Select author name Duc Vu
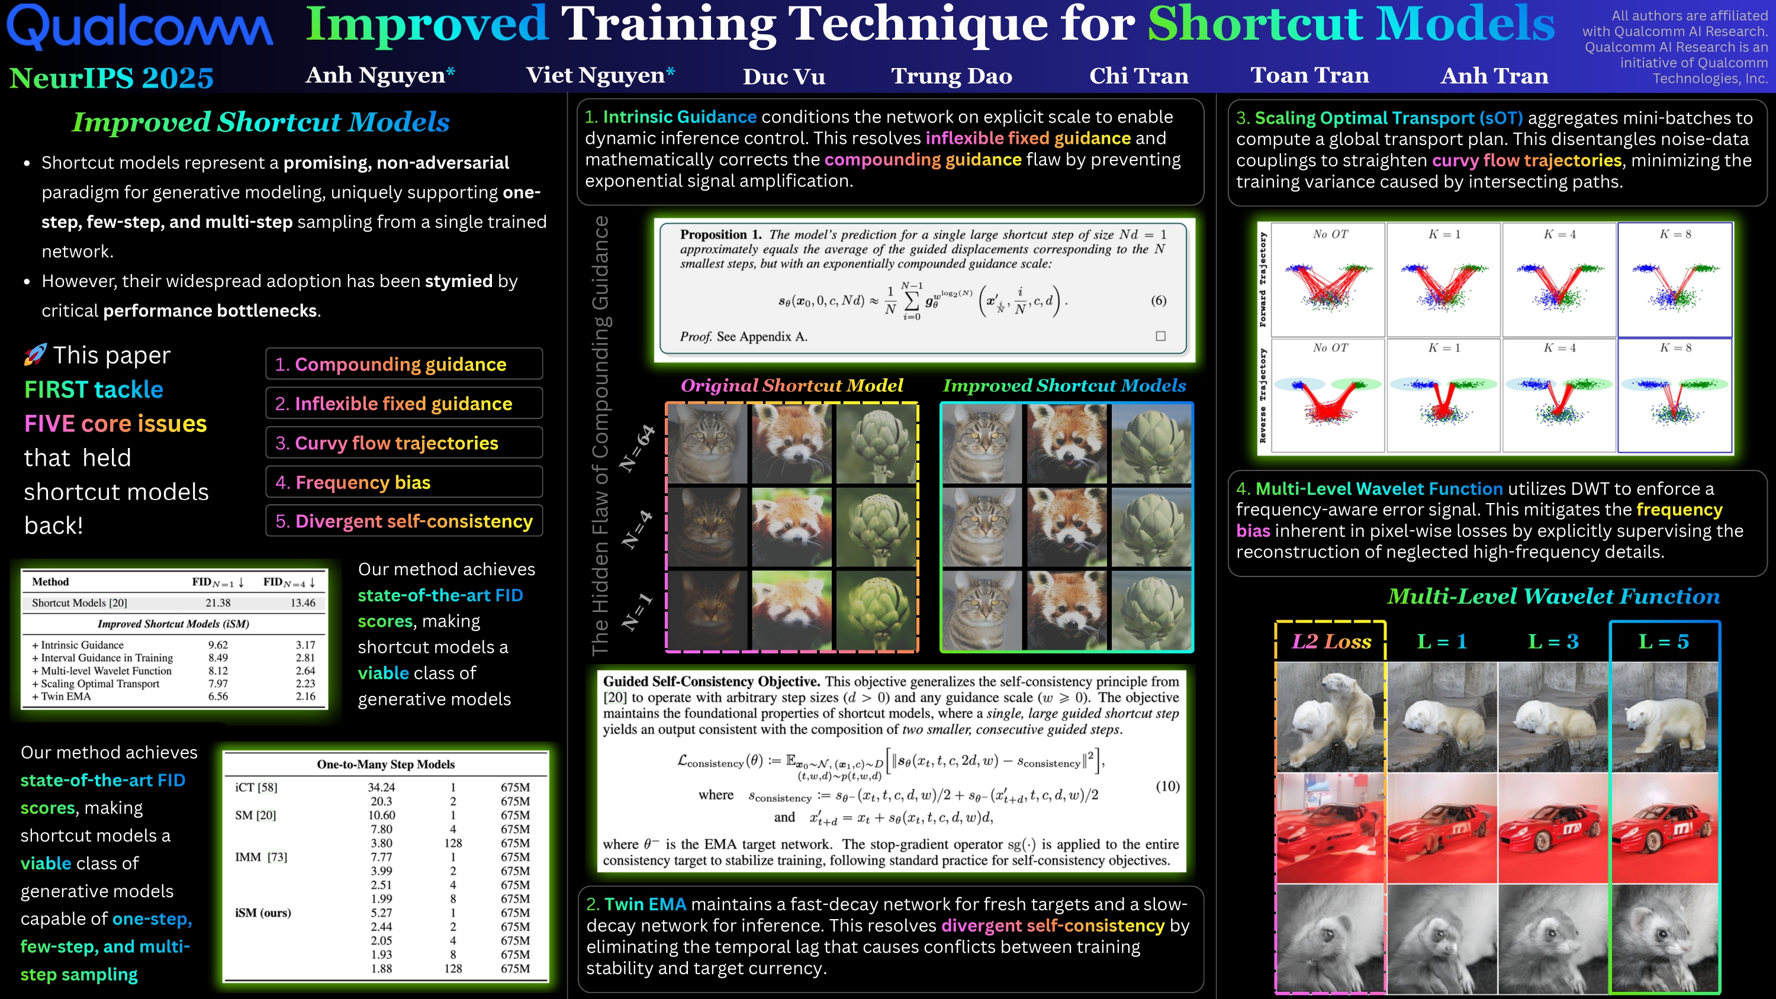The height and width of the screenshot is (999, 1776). tap(784, 76)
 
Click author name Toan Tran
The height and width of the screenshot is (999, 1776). tap(1310, 75)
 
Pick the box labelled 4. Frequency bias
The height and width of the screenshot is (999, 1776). tap(404, 482)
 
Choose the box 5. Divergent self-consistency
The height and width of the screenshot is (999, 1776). tap(404, 521)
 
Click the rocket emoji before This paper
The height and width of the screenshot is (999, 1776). tap(35, 355)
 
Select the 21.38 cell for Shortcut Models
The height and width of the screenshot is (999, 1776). tap(218, 602)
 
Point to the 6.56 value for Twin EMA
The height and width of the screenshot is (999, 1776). tap(218, 697)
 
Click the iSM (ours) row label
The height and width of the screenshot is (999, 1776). tap(263, 913)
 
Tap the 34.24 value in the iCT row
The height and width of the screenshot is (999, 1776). tap(381, 787)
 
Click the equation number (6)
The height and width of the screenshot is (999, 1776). tap(1159, 300)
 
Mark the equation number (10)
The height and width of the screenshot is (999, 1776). tap(1167, 786)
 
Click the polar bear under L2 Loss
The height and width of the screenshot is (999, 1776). tap(1331, 717)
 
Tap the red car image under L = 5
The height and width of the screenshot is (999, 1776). tap(1664, 828)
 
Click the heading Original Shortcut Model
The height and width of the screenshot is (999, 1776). tap(792, 385)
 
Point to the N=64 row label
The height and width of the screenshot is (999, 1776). tap(637, 448)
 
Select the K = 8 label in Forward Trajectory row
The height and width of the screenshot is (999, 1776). tap(1675, 234)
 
